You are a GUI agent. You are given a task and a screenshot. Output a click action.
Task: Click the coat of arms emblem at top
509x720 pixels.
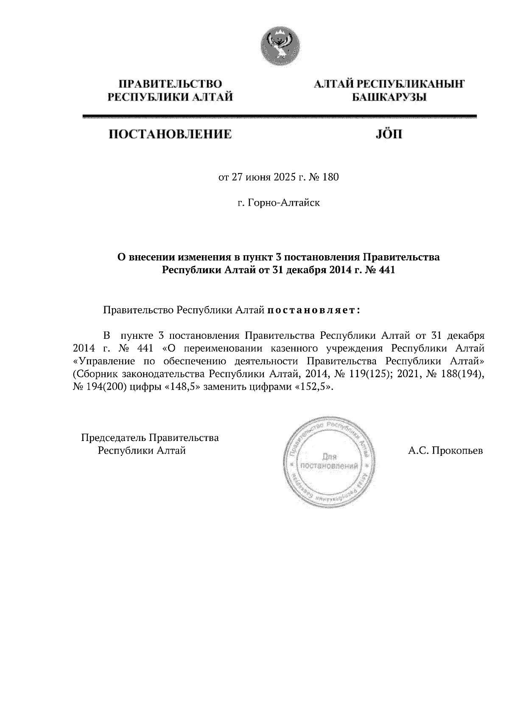coord(280,47)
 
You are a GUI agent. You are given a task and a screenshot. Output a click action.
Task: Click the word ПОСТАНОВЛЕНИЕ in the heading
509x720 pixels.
coord(171,134)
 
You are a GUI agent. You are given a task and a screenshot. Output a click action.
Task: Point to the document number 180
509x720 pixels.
coord(331,177)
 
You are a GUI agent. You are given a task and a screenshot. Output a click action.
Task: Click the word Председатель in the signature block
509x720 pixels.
coord(113,437)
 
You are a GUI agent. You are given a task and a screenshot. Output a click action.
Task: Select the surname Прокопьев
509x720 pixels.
coord(457,450)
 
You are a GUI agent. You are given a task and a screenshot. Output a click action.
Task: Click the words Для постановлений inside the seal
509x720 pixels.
coord(329,462)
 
